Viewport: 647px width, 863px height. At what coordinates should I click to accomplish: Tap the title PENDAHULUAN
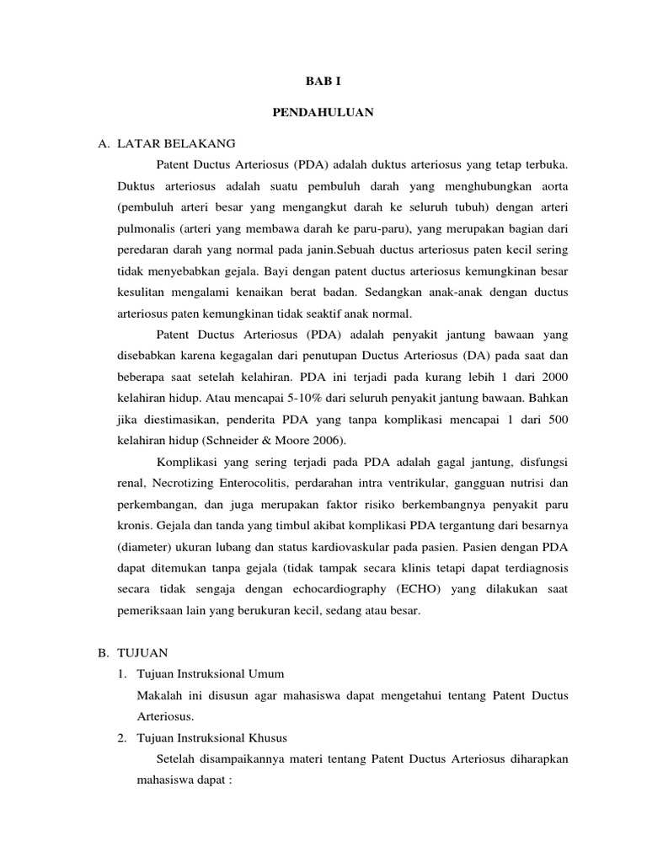pyautogui.click(x=323, y=112)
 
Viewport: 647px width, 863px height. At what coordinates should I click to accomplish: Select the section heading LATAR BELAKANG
pyautogui.click(x=184, y=143)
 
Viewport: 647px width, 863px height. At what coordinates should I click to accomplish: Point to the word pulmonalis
pyautogui.click(x=146, y=228)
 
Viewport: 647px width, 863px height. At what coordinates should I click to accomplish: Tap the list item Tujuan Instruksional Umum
pyautogui.click(x=210, y=674)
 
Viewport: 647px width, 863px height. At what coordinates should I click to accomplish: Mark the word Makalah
pyautogui.click(x=158, y=695)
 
